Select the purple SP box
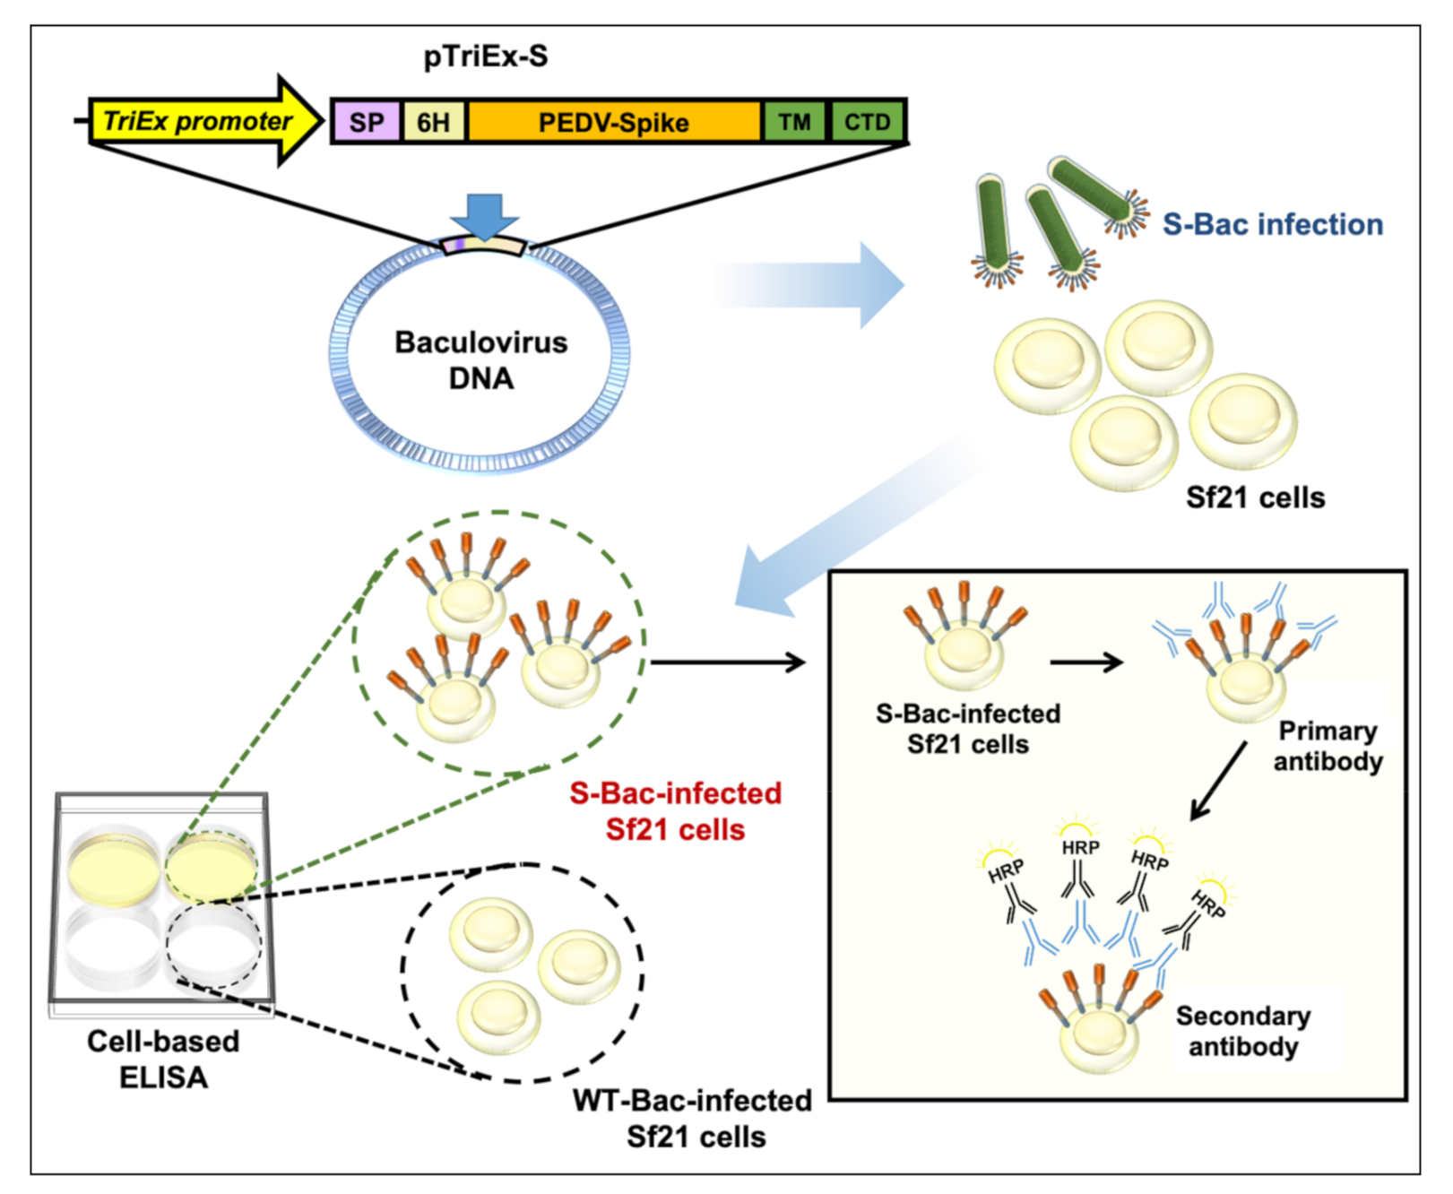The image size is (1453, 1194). (x=366, y=122)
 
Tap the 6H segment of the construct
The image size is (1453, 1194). (x=434, y=122)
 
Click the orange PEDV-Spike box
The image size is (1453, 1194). (x=613, y=122)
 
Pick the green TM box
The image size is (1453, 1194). (x=794, y=122)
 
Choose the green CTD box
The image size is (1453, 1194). (x=867, y=122)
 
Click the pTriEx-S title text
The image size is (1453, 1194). (x=485, y=56)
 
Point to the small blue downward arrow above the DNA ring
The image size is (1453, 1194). (x=484, y=215)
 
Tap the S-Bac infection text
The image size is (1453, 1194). (x=1272, y=224)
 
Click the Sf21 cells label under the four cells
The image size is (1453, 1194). (x=1255, y=497)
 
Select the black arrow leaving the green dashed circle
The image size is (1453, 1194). (x=726, y=662)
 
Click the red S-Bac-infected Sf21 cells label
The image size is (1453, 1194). (x=676, y=811)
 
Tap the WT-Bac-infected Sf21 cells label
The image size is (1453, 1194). (x=693, y=1118)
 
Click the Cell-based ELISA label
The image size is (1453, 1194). (x=163, y=1059)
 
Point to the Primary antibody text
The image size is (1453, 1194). (x=1328, y=746)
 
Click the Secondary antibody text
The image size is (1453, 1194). (x=1243, y=1031)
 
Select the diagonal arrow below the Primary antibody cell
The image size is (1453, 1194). (x=1219, y=780)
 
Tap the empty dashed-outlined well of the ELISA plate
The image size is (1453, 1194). (x=213, y=945)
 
